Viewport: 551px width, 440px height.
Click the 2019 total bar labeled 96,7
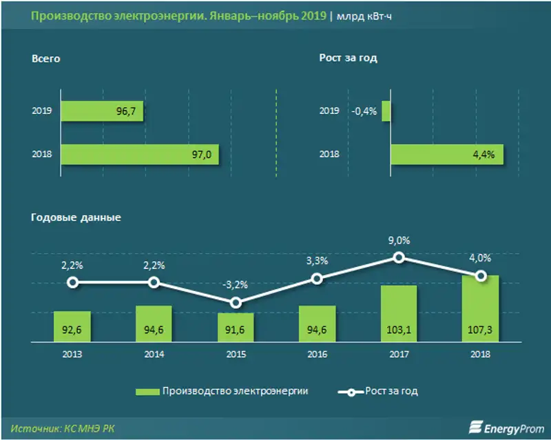[102, 111]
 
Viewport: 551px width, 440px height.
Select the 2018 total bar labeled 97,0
[140, 155]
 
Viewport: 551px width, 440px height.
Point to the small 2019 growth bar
[386, 111]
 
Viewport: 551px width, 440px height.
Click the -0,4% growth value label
[364, 111]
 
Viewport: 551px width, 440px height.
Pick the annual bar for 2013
[72, 327]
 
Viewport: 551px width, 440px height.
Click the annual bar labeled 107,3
[481, 308]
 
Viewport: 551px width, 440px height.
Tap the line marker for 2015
[236, 303]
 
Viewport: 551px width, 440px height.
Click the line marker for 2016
[317, 279]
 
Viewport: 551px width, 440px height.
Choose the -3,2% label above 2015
[236, 285]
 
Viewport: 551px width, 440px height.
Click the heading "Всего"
[46, 59]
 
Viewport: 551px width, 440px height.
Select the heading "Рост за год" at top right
[348, 59]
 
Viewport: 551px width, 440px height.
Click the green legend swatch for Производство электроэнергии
[146, 391]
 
